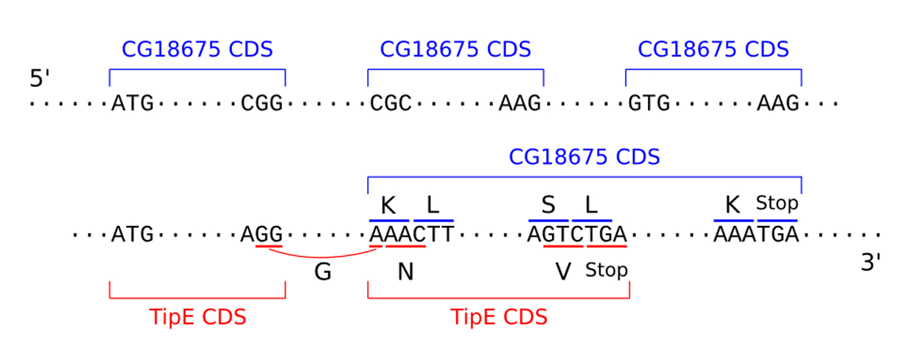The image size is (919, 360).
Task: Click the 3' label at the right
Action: coord(871,263)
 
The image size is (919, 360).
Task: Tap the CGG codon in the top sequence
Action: coord(262,104)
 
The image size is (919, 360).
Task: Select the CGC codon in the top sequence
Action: coord(391,104)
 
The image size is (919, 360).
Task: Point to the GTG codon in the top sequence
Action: coord(648,104)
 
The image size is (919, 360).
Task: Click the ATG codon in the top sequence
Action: coord(133,104)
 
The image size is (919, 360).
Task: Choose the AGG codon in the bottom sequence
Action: coord(262,235)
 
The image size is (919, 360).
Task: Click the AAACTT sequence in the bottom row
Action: coord(411,235)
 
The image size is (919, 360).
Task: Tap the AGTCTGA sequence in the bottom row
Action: coord(577,235)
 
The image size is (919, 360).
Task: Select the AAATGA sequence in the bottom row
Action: coord(755,235)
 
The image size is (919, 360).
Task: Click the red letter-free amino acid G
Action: coord(323,272)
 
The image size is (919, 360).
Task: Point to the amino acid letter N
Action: coord(406,272)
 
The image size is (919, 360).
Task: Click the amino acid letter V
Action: coord(563,272)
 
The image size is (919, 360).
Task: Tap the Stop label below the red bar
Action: coord(607,271)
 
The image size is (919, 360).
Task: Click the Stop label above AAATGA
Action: coord(777,203)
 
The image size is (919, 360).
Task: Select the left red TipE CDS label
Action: coord(197,318)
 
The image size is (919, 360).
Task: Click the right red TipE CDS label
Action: coord(499,318)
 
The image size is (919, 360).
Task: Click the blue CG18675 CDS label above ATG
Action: coord(197,50)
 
